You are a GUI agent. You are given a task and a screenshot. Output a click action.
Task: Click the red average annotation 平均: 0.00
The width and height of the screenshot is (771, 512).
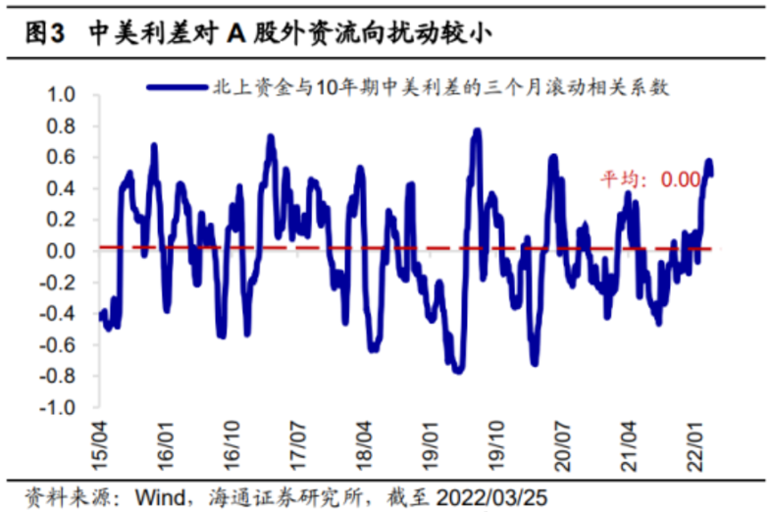(x=650, y=179)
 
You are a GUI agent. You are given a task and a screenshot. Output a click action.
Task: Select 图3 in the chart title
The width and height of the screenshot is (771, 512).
(x=43, y=33)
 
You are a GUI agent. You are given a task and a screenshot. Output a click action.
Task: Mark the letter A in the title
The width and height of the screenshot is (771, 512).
(x=236, y=33)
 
